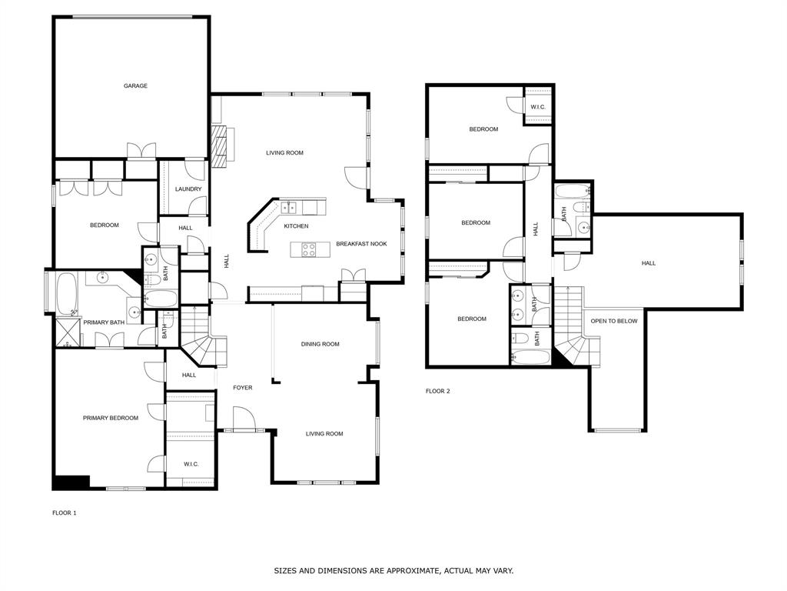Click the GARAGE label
tap(135, 86)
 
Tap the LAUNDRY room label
tap(188, 189)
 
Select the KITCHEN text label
tap(296, 226)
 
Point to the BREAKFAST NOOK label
tap(361, 244)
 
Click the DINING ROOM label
tap(320, 344)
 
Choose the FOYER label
tap(243, 388)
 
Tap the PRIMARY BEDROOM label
tap(111, 418)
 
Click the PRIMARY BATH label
tap(104, 322)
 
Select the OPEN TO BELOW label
tap(613, 321)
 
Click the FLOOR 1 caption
tap(65, 513)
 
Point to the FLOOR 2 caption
tap(438, 391)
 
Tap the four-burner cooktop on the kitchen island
tap(309, 249)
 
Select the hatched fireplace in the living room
tap(221, 145)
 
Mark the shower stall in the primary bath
tap(68, 329)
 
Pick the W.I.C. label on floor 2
tap(538, 107)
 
